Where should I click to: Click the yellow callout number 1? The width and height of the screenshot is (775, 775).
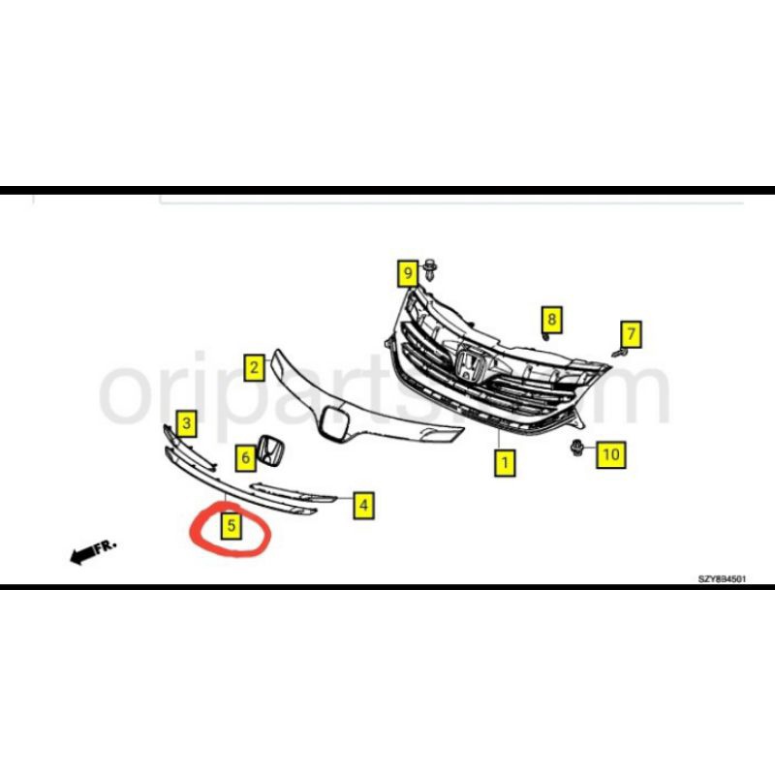[504, 463]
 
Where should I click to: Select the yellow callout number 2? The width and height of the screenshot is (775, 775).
[254, 367]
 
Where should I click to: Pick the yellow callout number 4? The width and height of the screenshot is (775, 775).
[362, 504]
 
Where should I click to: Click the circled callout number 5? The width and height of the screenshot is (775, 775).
[232, 526]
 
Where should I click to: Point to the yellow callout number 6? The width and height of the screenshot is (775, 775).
[246, 455]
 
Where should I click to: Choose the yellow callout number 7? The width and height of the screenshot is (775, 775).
[631, 335]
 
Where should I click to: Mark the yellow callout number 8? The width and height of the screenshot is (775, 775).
[550, 318]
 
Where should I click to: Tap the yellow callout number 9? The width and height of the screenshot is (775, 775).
[408, 273]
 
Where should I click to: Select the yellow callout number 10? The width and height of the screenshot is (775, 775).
[609, 452]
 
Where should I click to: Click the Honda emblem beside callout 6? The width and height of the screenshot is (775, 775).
[275, 452]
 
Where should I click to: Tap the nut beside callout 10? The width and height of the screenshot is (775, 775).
[579, 448]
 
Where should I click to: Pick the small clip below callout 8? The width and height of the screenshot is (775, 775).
[545, 338]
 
